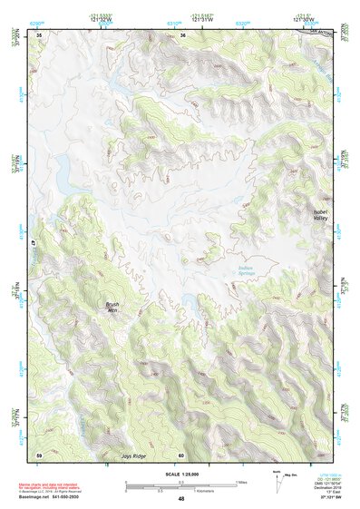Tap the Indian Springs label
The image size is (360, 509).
click(245, 265)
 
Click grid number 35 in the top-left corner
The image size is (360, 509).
click(39, 35)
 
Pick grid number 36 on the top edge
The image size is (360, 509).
click(182, 35)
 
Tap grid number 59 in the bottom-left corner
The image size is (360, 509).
click(39, 454)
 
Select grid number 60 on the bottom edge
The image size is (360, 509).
click(181, 455)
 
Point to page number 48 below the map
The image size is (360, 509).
click(181, 499)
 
